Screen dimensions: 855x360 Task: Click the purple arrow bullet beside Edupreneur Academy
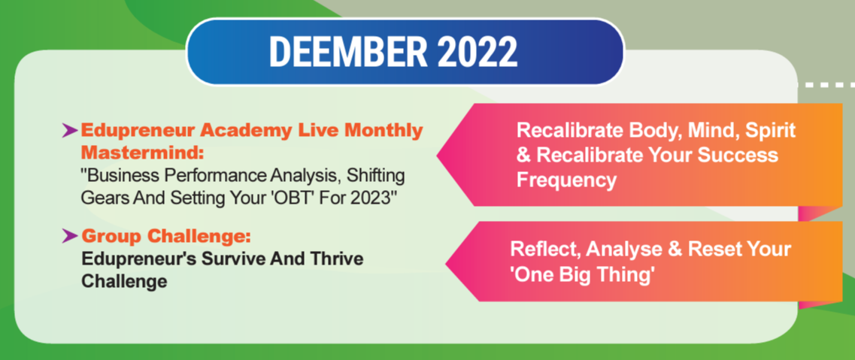click(69, 129)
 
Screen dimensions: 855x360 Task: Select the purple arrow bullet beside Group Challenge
click(69, 236)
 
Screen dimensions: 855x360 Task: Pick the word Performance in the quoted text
click(219, 177)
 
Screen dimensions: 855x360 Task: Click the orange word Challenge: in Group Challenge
click(199, 237)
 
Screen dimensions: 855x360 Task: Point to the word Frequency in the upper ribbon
click(566, 180)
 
